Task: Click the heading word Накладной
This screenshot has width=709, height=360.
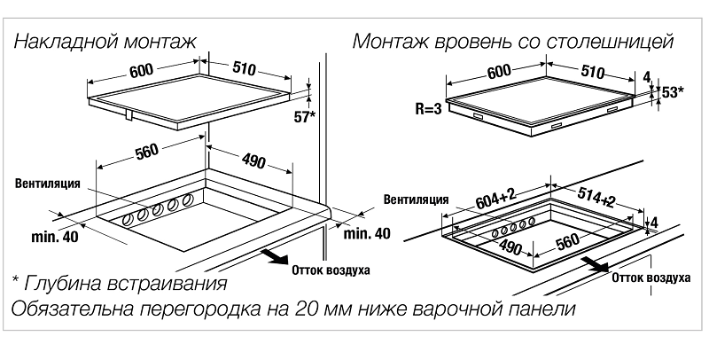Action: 62,41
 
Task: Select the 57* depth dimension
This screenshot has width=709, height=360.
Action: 303,115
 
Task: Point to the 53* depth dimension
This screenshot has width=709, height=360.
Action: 674,92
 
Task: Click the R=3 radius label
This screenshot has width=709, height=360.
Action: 427,111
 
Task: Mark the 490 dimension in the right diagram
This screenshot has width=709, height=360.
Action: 510,247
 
